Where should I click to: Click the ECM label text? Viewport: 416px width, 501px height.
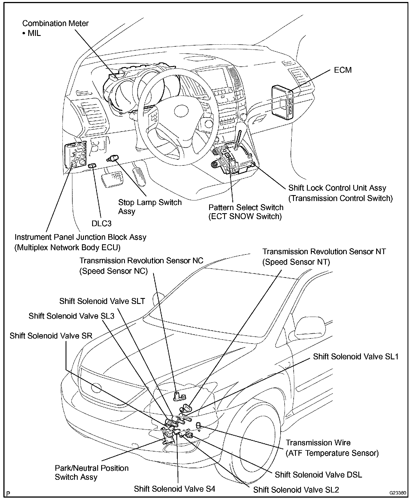(x=343, y=70)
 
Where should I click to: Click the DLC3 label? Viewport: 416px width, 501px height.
(x=102, y=223)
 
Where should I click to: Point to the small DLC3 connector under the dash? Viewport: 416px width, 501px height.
(x=92, y=165)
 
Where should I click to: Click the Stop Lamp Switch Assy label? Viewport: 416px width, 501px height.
(x=150, y=207)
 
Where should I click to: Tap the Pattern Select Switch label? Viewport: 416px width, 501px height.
(x=246, y=212)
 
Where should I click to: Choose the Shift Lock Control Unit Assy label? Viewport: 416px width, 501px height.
(x=341, y=193)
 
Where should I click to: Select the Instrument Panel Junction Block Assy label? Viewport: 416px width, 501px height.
(x=81, y=242)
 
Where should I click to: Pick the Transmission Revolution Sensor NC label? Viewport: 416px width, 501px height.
(x=141, y=265)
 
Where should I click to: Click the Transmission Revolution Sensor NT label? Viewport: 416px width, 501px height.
(x=324, y=256)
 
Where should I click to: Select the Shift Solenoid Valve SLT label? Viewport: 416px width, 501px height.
(x=102, y=301)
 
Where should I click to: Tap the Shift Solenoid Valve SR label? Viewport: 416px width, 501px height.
(x=51, y=336)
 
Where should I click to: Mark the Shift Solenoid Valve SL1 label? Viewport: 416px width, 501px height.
(x=356, y=357)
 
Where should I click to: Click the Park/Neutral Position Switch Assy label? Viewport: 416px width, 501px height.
(x=92, y=472)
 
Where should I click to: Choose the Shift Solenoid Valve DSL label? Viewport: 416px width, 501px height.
(x=318, y=474)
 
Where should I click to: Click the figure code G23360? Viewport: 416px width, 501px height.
(x=398, y=493)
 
